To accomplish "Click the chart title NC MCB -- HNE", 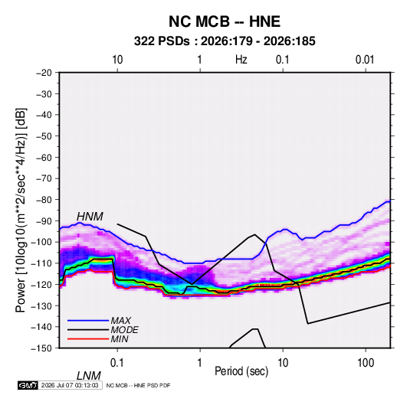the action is (x=225, y=21).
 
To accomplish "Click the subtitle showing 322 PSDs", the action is (x=225, y=41).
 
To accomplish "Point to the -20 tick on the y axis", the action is (x=44, y=73).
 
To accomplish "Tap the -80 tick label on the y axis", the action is (x=44, y=200).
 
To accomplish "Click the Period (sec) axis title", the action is (x=241, y=371).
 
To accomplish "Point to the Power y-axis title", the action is (x=21, y=211).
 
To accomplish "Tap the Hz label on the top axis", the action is (x=241, y=60).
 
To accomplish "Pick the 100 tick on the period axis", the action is (x=366, y=363).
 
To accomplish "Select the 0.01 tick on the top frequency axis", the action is (x=365, y=60).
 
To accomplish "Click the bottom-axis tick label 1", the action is (x=199, y=363).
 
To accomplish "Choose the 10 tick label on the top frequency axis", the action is (x=117, y=60).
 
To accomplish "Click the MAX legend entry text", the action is (x=121, y=320).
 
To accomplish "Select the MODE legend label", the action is (x=124, y=330).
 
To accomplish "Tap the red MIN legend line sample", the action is (x=88, y=339).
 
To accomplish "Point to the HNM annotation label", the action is (x=90, y=217).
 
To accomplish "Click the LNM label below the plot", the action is (x=88, y=376).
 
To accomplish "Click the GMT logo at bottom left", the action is (x=28, y=385).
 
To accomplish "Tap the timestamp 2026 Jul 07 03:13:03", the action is (x=70, y=385).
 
